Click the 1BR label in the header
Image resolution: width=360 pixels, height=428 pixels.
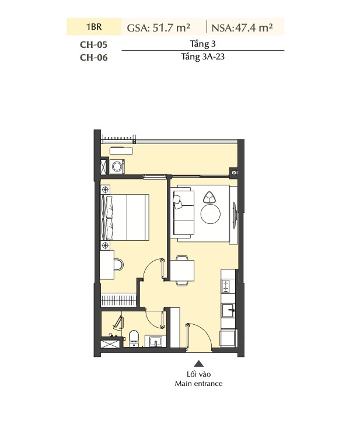point(94,27)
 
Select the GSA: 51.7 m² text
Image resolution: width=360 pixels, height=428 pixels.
point(159,27)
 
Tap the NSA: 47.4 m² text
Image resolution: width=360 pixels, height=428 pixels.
point(242,27)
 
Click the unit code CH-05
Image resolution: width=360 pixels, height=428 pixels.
point(94,44)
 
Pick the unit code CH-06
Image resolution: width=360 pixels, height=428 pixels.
point(94,57)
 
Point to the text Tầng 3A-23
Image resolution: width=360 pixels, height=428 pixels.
point(202,57)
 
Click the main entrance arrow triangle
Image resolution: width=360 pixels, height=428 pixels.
point(199,363)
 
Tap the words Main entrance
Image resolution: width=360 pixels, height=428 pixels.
point(199,384)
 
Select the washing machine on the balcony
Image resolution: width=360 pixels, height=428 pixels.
point(117,167)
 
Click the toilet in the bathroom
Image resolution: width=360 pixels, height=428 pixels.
point(134,338)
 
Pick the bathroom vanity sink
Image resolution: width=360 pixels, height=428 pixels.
point(155,341)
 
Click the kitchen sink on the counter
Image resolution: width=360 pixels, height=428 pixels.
point(228,311)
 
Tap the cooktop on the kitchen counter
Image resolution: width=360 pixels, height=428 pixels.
point(227,286)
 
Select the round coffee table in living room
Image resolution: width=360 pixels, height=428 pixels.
point(210,214)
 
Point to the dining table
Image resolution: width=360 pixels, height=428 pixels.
point(182,271)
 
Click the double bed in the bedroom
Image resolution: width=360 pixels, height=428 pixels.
point(125,217)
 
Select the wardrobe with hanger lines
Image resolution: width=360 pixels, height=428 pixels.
point(118,300)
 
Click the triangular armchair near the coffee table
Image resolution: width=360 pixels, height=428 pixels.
point(210,197)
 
